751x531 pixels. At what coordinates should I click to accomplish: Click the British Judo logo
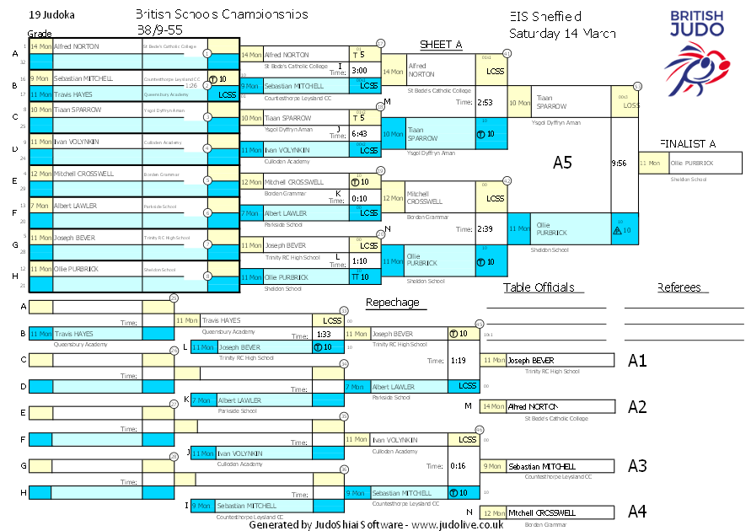[695, 51]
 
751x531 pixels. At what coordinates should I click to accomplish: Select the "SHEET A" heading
[442, 45]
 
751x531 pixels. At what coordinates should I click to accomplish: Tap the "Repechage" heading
[392, 303]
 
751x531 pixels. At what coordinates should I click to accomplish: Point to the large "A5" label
[562, 162]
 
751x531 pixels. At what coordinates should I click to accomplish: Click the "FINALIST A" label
[688, 143]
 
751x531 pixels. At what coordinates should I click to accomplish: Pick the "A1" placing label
[637, 361]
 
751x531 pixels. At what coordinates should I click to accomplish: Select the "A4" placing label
[637, 511]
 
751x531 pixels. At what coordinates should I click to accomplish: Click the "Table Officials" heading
[539, 287]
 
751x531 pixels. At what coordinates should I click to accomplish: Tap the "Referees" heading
[679, 287]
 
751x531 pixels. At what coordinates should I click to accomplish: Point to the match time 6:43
[359, 133]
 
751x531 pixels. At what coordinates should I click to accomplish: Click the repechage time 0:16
[459, 466]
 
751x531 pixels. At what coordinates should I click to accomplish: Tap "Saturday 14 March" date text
[562, 34]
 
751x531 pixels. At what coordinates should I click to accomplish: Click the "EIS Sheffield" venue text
[545, 16]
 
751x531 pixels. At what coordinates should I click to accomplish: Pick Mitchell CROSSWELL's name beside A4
[542, 512]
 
